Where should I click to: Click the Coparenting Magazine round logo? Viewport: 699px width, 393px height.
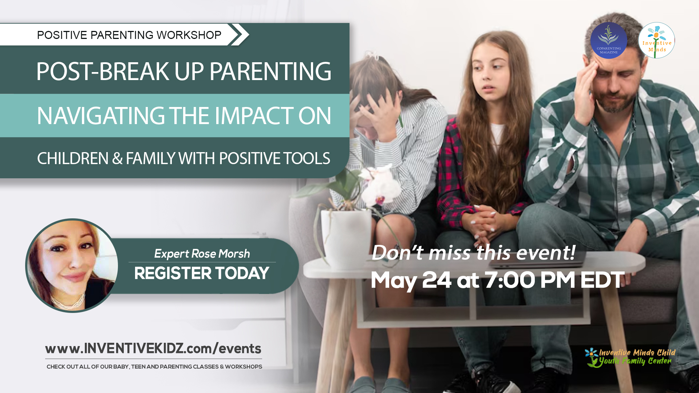tap(608, 40)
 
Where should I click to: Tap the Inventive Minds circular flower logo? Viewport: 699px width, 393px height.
tap(656, 40)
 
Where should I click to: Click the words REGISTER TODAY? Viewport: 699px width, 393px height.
tap(201, 273)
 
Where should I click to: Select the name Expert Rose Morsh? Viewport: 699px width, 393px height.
tap(202, 253)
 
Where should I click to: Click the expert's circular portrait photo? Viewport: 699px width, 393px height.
tap(72, 266)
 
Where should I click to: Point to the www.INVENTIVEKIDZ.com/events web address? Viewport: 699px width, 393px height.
tap(153, 349)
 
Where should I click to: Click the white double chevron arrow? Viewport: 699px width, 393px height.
tap(240, 35)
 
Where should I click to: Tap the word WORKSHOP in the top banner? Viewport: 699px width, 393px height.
tap(189, 35)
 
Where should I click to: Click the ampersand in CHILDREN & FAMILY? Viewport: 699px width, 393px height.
tap(117, 159)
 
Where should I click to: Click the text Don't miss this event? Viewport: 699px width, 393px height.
tap(473, 253)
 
